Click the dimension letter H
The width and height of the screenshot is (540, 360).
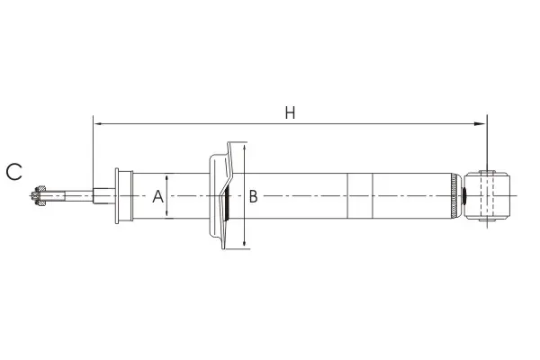(x=290, y=113)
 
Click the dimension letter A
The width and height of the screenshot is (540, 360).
(x=158, y=196)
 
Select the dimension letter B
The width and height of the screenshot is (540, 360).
(x=253, y=196)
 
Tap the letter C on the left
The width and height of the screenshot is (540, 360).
(x=14, y=172)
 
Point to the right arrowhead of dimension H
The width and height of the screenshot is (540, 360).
(x=480, y=123)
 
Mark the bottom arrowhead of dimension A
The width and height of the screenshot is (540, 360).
(x=167, y=214)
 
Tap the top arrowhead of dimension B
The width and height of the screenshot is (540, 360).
(x=244, y=148)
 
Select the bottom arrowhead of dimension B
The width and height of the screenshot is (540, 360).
(x=244, y=243)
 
